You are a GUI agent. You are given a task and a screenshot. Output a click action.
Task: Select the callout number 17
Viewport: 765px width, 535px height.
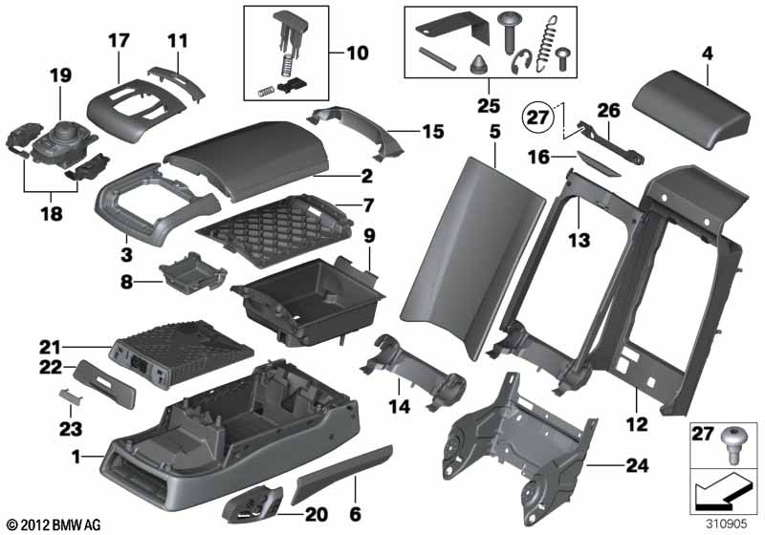coord(118,42)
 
